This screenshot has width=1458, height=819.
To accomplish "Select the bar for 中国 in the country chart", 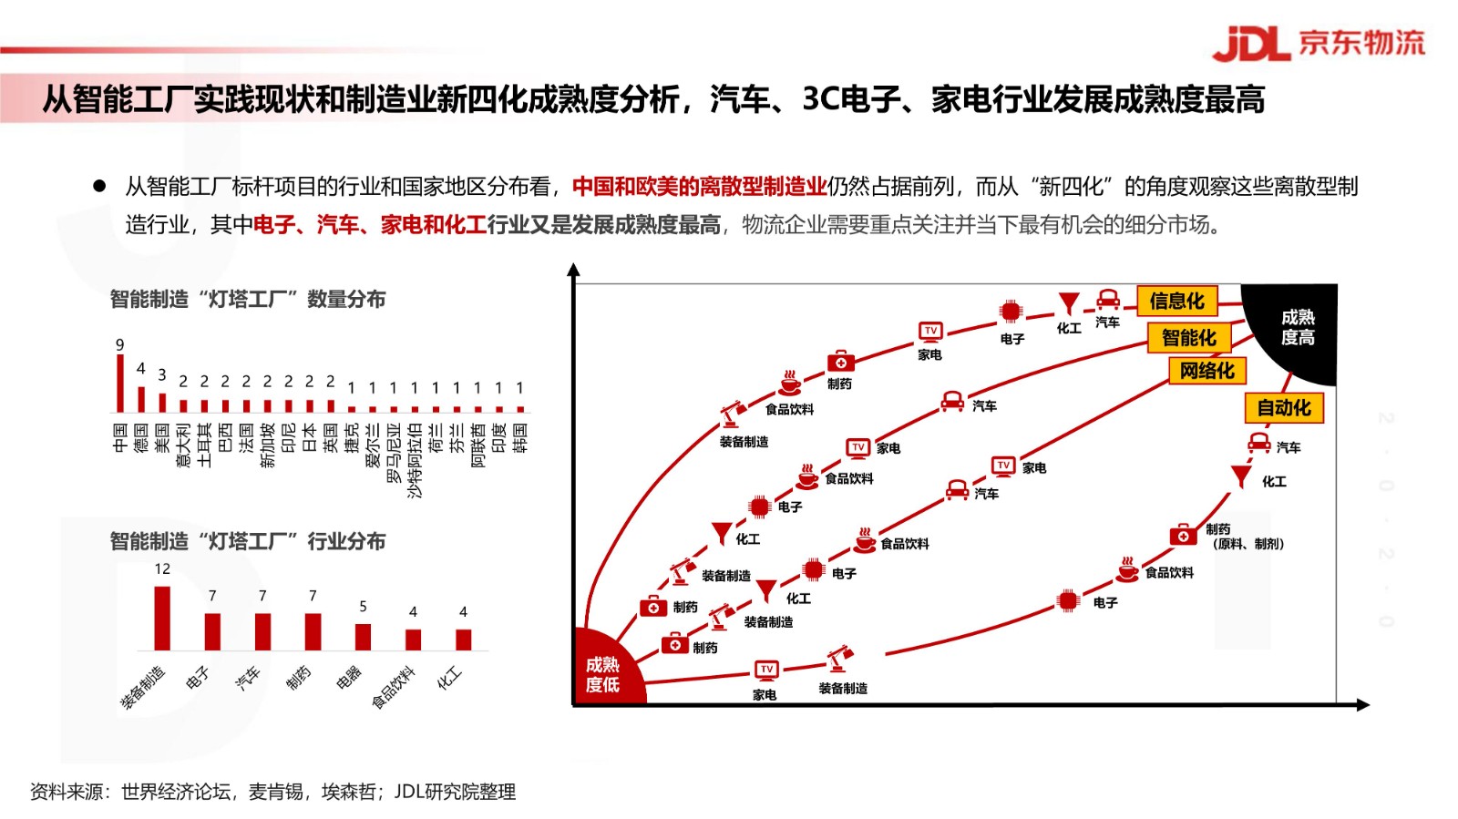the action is tap(119, 384).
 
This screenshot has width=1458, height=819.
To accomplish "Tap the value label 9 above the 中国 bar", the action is tap(119, 344).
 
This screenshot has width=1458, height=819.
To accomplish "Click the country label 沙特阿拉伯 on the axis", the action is tap(415, 461).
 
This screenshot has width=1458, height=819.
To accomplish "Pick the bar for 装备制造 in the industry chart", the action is tap(162, 618).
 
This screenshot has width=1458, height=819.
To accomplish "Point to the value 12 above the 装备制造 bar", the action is tap(162, 569).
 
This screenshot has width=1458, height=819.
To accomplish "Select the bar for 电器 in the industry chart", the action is tap(363, 637).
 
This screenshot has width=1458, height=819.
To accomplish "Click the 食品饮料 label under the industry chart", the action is tap(393, 687).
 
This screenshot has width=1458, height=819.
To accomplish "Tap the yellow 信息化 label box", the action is tap(1176, 301).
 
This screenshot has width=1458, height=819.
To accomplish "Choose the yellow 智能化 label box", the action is tap(1188, 338).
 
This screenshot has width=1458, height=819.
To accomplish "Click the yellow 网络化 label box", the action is tap(1206, 371).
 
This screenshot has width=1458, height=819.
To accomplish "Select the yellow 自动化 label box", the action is tap(1284, 408).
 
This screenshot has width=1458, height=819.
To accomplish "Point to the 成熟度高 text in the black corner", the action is tap(1298, 327).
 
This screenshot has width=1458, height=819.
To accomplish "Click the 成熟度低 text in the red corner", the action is tap(602, 674).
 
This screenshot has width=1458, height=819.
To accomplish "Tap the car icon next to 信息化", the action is tap(1108, 300).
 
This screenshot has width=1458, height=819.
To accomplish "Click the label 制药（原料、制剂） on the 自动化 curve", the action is tap(1245, 537).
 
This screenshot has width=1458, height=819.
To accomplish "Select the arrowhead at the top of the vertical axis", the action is tap(573, 270).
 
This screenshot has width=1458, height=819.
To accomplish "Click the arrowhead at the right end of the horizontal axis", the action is tap(1363, 704).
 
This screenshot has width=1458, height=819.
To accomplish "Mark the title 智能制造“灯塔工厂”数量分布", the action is tap(247, 299).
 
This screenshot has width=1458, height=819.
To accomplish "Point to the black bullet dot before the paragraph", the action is tap(99, 187).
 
